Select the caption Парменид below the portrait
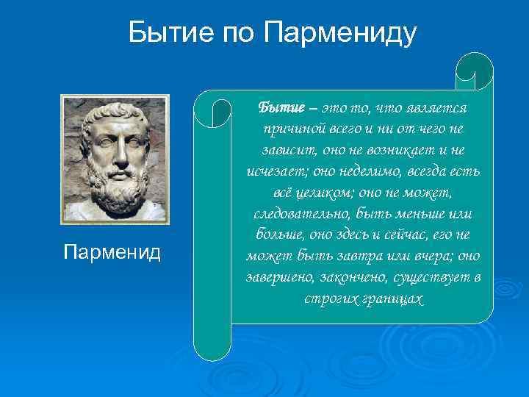pyautogui.click(x=112, y=253)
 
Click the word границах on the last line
pyautogui.click(x=392, y=300)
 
